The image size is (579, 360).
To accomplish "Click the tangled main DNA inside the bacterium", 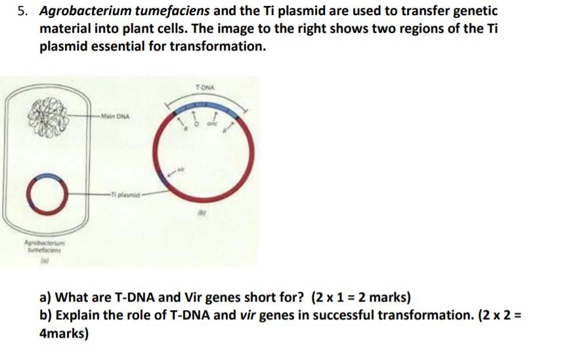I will (48, 119).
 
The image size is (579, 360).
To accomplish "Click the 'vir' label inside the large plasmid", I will (181, 169).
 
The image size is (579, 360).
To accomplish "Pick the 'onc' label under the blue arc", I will (212, 125).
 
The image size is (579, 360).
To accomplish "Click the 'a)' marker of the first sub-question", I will (47, 298).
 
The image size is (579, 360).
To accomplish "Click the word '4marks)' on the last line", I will (63, 333).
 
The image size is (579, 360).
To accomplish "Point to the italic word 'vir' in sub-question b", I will (247, 315).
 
